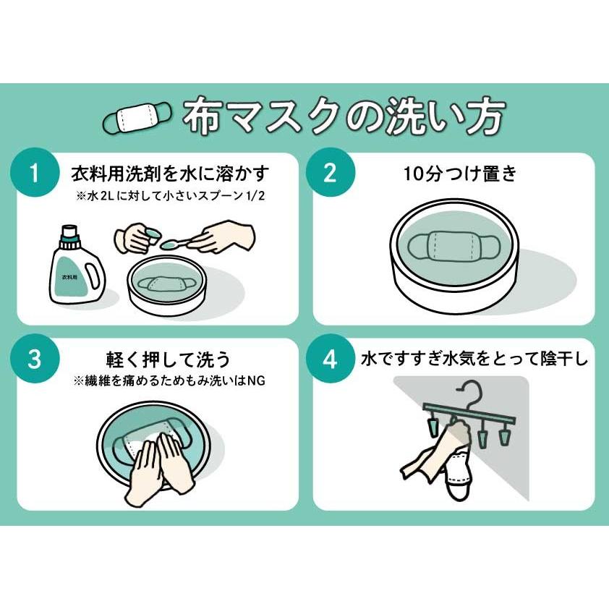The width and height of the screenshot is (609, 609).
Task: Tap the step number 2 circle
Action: (x=329, y=173)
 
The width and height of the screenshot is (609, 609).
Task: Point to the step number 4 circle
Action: (x=329, y=359)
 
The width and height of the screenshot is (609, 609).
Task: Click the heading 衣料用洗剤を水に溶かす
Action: (x=170, y=174)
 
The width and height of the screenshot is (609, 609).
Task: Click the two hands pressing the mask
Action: (x=160, y=463)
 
